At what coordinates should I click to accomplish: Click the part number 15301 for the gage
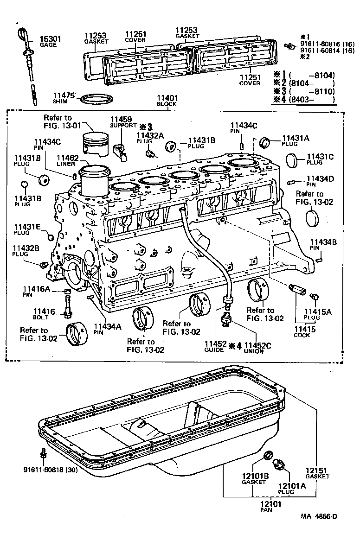tap(50, 39)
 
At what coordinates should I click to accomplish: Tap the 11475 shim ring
tap(96, 99)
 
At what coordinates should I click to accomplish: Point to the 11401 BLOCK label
tap(167, 101)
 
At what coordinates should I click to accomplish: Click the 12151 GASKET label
tap(317, 473)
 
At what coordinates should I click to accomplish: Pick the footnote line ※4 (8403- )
tap(304, 99)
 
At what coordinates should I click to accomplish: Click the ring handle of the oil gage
tap(23, 35)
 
